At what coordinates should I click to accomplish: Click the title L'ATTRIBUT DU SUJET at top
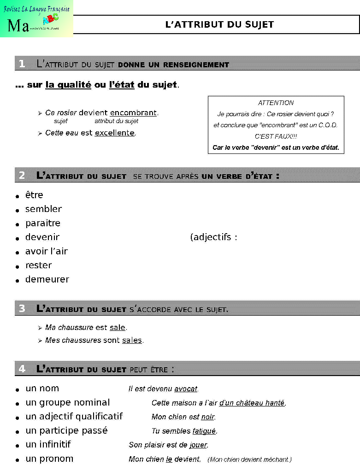(x=219, y=24)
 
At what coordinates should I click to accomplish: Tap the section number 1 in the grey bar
(x=22, y=64)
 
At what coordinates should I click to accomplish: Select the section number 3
(x=22, y=309)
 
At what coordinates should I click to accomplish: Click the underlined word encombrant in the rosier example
(x=133, y=113)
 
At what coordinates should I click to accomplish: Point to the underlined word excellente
(x=115, y=133)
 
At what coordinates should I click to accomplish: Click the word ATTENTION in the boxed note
(x=276, y=103)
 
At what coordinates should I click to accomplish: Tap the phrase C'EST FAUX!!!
(x=276, y=136)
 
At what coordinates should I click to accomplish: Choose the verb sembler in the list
(x=43, y=209)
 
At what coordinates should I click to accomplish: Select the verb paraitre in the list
(x=43, y=224)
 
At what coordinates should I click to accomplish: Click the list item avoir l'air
(x=47, y=252)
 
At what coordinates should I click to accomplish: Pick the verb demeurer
(x=47, y=280)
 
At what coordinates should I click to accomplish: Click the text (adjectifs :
(x=213, y=238)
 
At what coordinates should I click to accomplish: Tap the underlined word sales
(x=132, y=341)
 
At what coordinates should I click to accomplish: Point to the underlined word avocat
(x=186, y=389)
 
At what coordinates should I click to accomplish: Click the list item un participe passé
(x=66, y=430)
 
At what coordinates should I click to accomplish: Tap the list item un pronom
(x=49, y=459)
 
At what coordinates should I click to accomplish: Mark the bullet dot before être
(x=17, y=196)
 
